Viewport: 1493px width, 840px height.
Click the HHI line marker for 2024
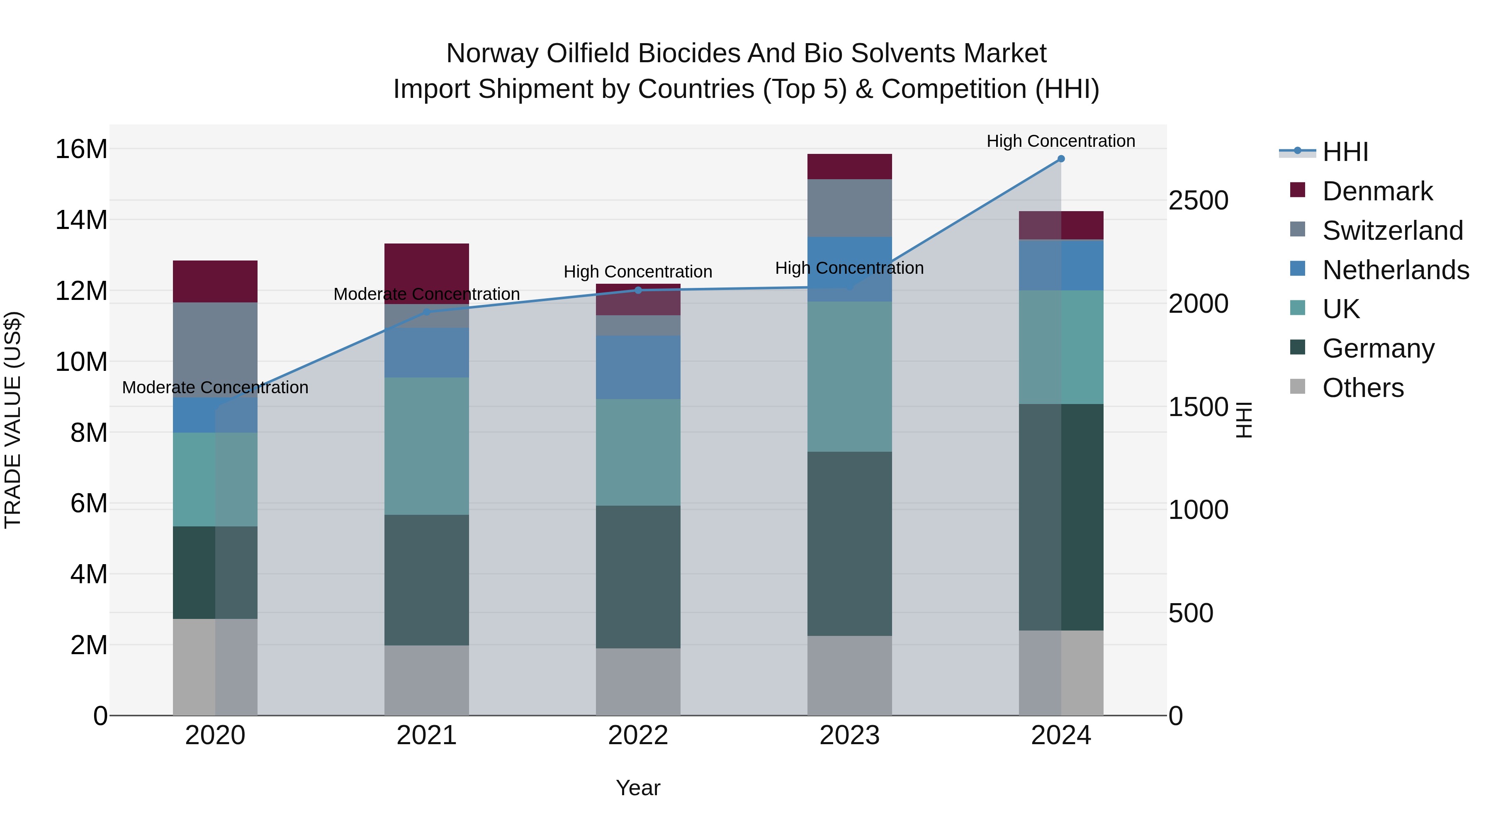click(1060, 159)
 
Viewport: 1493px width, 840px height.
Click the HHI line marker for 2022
click(638, 290)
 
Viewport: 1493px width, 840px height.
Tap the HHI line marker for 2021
click(427, 312)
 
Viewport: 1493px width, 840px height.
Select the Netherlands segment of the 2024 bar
click(1060, 265)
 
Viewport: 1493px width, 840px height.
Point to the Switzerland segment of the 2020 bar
click(215, 348)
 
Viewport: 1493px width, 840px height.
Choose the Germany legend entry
click(1378, 348)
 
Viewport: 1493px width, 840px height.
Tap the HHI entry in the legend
click(1345, 152)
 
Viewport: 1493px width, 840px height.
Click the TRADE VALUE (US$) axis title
click(13, 420)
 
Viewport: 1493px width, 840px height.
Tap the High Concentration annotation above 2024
click(1060, 141)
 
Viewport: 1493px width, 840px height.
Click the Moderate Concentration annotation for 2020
click(215, 387)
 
